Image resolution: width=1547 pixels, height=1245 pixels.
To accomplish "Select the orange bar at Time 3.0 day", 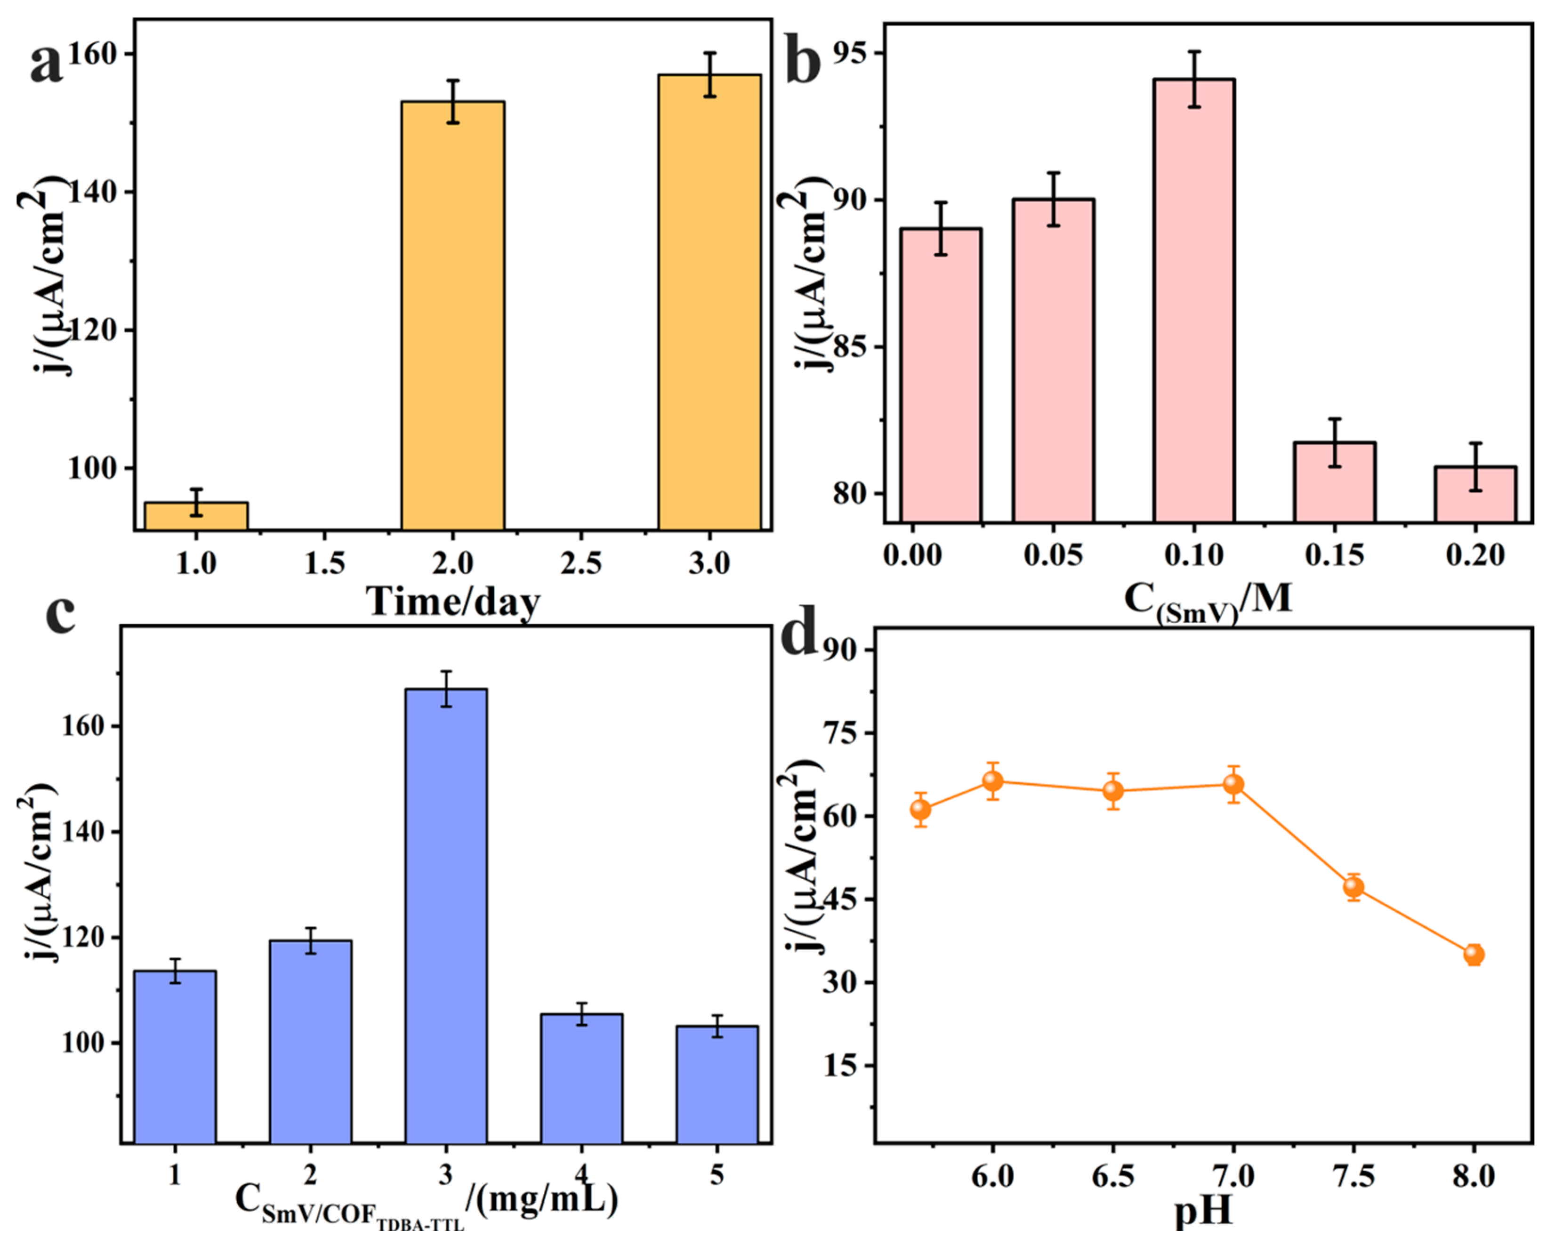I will (x=709, y=301).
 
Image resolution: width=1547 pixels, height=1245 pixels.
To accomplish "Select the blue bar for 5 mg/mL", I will (x=717, y=1084).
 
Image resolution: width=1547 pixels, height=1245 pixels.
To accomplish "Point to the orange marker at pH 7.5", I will (x=1353, y=888).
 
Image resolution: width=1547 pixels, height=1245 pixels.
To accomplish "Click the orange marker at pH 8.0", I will (x=1474, y=955).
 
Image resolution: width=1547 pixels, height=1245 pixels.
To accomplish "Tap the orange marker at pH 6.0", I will (x=992, y=781).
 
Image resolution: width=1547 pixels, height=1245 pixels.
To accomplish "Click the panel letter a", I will (x=46, y=64).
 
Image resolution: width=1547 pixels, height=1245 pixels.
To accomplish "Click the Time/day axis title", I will (x=453, y=602).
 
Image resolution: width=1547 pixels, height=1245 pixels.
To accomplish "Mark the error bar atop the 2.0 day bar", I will (x=453, y=101).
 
